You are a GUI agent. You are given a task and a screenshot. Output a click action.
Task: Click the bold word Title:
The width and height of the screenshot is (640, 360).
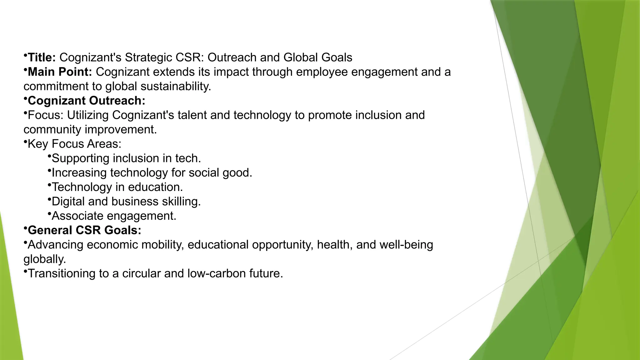coord(42,57)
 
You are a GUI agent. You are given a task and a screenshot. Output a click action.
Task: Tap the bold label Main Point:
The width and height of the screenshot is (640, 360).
coord(60,72)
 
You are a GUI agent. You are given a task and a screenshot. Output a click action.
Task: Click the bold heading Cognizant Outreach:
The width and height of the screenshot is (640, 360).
coord(87,101)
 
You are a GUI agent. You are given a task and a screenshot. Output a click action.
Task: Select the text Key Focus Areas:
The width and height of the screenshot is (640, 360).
coord(74,144)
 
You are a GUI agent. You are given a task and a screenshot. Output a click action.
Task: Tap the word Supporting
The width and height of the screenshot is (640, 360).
coord(80,158)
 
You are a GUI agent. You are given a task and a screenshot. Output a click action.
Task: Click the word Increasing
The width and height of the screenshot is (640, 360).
coord(79,172)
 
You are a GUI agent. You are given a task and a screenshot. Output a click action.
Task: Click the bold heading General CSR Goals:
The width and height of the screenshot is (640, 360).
coord(84,230)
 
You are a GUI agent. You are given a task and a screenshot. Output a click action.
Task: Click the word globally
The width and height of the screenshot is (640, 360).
coord(45,259)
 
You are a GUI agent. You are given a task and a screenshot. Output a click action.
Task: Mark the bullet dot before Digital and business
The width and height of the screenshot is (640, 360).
coord(49,198)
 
